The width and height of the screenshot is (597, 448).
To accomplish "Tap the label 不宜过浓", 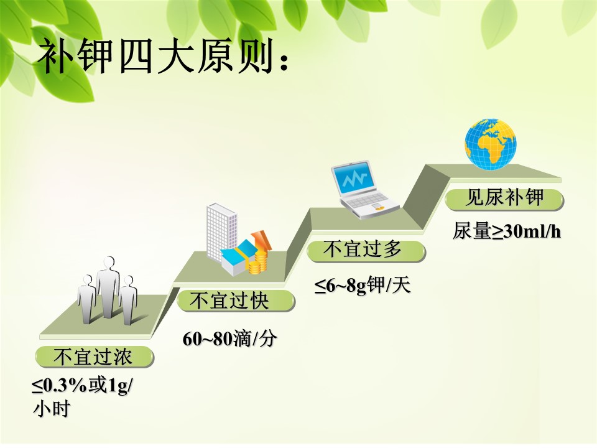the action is point(93,357).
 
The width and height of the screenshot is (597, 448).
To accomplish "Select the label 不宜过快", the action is point(230,301).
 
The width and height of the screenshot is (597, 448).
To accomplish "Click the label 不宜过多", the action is point(362,250).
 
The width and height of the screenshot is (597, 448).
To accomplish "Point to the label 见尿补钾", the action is point(505,198).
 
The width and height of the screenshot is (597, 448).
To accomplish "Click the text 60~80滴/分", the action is point(229,338).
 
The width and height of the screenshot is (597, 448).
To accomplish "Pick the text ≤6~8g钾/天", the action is point(363,286).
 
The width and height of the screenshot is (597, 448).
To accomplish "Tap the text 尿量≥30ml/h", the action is point(507,231).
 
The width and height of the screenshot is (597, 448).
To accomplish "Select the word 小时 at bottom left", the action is point(52,409).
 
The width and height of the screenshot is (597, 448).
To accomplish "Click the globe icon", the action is point(491,144).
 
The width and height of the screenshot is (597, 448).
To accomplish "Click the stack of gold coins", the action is point(257,262).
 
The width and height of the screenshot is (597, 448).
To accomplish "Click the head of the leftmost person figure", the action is point(88,281).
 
